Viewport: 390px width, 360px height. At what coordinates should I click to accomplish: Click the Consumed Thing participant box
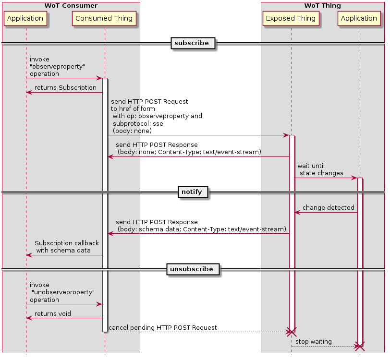[104, 19]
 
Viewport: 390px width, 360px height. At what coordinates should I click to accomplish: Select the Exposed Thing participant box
[291, 19]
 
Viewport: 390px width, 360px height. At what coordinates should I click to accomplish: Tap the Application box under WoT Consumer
[25, 19]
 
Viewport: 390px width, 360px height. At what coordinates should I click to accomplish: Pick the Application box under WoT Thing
[359, 19]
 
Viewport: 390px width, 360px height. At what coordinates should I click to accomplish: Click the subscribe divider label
[192, 43]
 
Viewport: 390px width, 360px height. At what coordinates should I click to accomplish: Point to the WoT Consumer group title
[71, 6]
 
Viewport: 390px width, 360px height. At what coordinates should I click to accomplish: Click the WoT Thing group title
[322, 6]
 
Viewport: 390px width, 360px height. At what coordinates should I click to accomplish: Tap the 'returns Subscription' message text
[65, 88]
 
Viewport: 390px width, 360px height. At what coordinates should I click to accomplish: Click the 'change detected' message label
[328, 208]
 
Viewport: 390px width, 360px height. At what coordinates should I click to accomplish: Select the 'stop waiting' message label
[313, 342]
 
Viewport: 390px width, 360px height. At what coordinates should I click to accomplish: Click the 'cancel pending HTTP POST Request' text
[162, 328]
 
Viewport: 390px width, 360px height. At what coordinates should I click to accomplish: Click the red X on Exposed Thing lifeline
[291, 332]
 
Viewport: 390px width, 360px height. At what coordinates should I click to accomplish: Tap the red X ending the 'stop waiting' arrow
[359, 346]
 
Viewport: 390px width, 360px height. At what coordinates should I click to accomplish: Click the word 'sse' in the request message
[158, 124]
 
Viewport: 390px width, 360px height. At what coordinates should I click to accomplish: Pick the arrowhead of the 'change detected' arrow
[297, 212]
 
